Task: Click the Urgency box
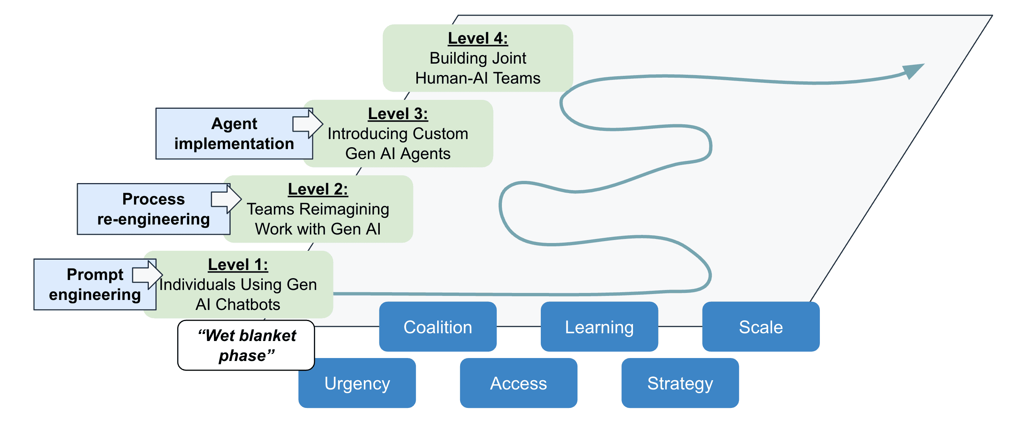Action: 357,383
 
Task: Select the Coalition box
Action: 438,327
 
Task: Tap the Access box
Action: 518,383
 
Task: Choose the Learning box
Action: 599,327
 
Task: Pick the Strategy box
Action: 680,383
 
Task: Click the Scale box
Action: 761,327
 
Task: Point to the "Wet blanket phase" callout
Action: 246,345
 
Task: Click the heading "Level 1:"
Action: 238,265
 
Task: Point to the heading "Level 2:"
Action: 318,189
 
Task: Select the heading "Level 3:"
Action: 398,114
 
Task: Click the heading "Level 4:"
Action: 477,38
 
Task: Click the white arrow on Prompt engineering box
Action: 147,275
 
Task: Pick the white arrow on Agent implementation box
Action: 307,124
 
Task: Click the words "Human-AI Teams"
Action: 477,78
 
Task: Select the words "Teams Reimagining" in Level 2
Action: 318,209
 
